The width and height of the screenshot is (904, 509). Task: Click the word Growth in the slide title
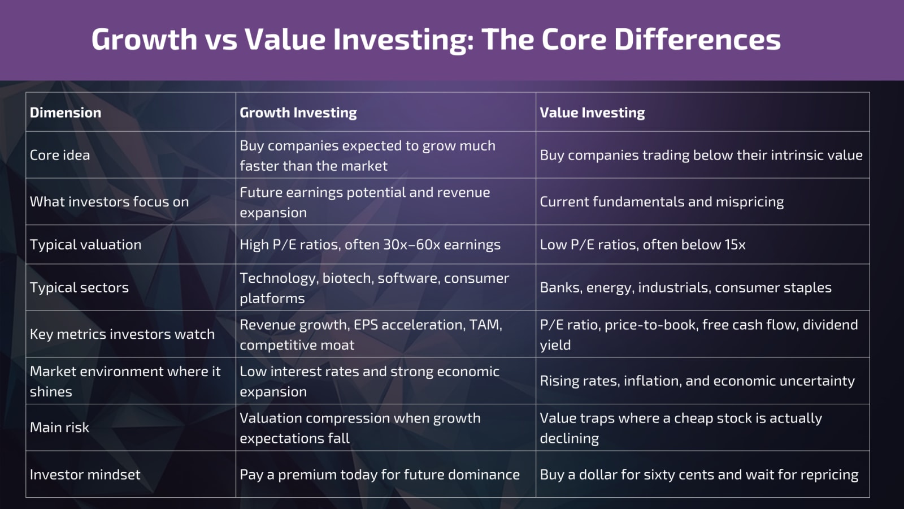[144, 40]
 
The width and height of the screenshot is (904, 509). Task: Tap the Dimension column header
[66, 113]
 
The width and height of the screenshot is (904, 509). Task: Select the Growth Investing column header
[298, 113]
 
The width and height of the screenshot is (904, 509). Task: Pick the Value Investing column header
[592, 113]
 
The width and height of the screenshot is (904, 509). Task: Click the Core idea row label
[60, 155]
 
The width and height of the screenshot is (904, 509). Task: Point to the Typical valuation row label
[85, 244]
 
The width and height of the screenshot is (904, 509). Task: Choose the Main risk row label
[59, 427]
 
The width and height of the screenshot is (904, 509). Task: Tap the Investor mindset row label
[85, 475]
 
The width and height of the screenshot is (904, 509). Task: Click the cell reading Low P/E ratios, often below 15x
[642, 244]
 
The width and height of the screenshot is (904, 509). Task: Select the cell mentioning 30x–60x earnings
[370, 244]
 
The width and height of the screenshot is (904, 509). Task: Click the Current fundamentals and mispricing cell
[662, 202]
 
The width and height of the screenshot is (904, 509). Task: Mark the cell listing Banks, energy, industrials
[685, 287]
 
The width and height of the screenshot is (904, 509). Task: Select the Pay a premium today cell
[380, 475]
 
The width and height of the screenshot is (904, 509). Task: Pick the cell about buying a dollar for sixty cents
[699, 475]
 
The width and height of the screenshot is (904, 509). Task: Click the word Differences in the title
[697, 40]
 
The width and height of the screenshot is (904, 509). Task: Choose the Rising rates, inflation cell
[697, 381]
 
